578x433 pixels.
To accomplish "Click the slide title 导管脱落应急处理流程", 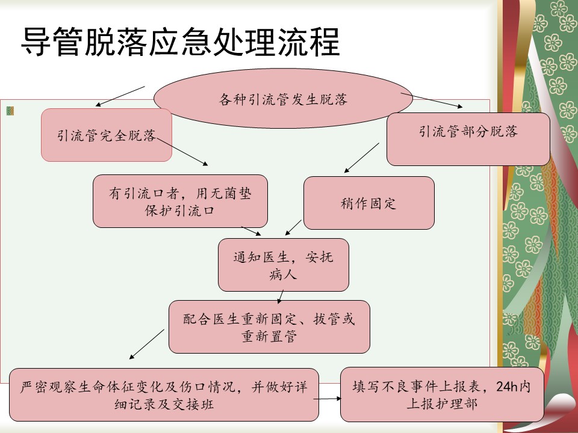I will [x=181, y=41].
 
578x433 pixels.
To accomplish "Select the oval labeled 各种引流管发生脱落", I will [x=283, y=100].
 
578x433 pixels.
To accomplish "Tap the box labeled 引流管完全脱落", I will [x=107, y=135].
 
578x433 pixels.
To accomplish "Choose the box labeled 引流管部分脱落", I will [x=468, y=139].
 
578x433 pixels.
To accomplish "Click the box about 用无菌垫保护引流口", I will [x=180, y=201].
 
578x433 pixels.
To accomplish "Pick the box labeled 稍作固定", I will [x=368, y=203].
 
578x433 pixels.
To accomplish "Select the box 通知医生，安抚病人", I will [x=283, y=265].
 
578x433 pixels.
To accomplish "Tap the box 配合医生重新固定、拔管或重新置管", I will [x=269, y=327].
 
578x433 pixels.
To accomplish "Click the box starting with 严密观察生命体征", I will [x=164, y=395].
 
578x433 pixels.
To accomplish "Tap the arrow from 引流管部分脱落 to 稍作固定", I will [x=362, y=158].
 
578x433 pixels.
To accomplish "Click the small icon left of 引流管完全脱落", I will [x=10, y=111].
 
